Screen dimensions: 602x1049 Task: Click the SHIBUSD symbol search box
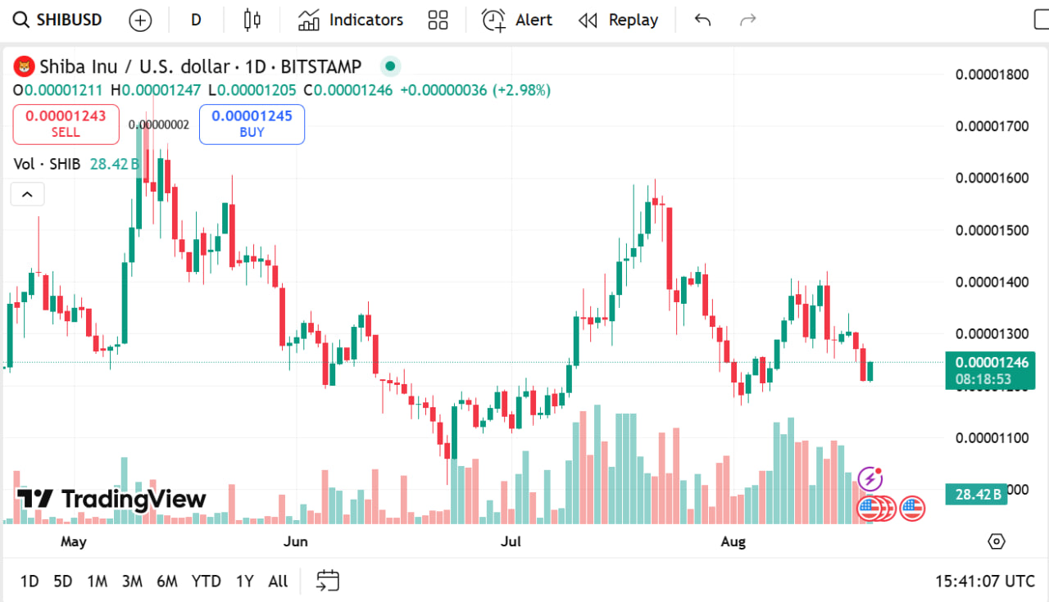click(59, 20)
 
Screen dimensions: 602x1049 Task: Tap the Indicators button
click(351, 20)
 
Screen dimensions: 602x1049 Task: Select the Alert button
click(517, 20)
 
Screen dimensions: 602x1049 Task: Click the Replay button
click(618, 20)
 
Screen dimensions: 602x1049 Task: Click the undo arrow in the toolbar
click(702, 20)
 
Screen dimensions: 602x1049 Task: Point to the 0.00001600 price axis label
click(992, 178)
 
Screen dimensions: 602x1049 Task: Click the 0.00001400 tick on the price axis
click(992, 282)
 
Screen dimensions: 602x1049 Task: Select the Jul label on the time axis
click(511, 541)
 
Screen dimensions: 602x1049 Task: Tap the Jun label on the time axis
click(295, 541)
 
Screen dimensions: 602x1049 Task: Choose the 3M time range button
click(132, 582)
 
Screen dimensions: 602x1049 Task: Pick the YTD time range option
click(206, 582)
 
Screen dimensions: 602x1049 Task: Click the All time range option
click(278, 582)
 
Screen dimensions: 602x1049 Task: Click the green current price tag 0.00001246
click(978, 362)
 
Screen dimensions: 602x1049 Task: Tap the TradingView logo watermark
click(111, 499)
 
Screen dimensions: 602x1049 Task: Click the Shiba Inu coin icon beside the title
click(26, 66)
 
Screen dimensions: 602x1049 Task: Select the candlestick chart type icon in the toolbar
click(252, 20)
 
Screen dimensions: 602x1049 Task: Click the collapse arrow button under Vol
click(27, 194)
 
